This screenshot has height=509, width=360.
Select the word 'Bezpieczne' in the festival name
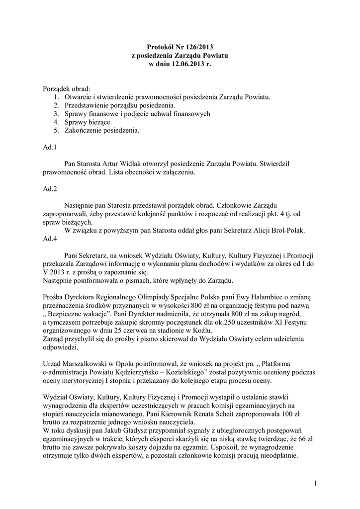pyautogui.click(x=69, y=315)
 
